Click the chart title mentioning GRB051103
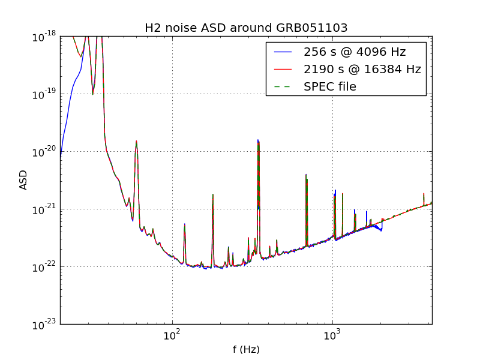[246, 28]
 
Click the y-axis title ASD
[23, 180]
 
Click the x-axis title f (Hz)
[246, 349]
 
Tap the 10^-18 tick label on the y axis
[44, 37]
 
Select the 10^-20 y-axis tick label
[44, 152]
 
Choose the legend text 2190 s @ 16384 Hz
[362, 69]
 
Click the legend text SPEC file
[330, 86]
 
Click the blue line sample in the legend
[282, 52]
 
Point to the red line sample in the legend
[282, 69]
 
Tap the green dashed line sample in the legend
[282, 86]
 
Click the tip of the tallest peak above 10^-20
[259, 140]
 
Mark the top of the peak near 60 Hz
[137, 141]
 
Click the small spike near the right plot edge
[424, 194]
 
